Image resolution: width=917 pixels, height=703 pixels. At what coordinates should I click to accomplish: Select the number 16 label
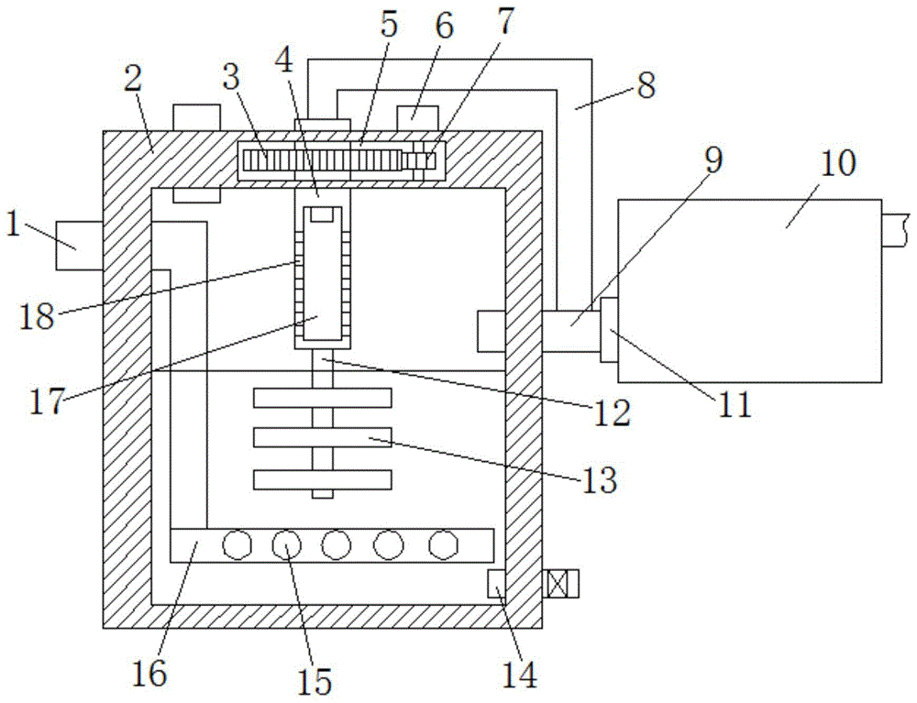pos(153,674)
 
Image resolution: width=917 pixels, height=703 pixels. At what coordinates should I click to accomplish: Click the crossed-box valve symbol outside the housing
pos(559,583)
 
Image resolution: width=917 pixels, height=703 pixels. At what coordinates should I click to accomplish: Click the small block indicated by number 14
pos(495,581)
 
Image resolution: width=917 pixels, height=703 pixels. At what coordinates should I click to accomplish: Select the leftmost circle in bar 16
pos(238,545)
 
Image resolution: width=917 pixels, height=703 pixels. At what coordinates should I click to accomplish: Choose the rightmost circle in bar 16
pos(445,545)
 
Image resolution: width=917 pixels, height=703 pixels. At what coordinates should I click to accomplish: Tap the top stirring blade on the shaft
pos(322,398)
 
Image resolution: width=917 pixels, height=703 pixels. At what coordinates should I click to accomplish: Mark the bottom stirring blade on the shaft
pos(322,478)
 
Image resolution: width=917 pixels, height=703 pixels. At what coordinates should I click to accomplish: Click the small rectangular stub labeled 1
pos(79,246)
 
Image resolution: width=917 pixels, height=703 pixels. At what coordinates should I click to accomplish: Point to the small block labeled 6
pos(417,118)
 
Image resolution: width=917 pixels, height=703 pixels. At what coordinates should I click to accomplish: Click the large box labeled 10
pos(750,290)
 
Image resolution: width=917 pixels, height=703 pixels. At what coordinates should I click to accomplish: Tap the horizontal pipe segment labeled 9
pos(569,330)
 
